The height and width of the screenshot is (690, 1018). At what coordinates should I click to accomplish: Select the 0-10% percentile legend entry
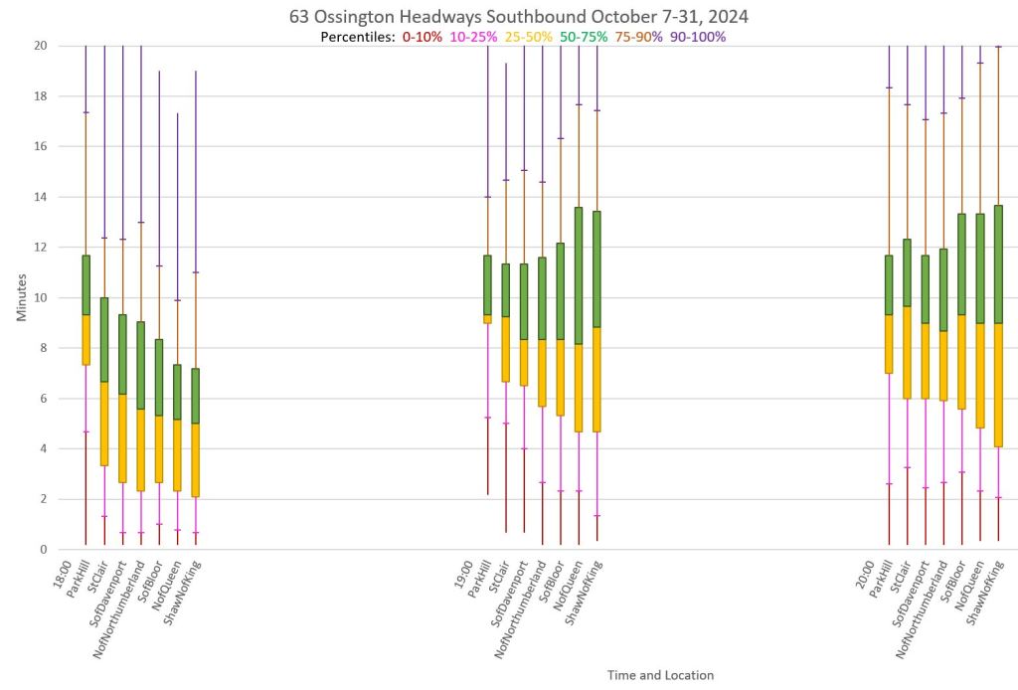click(x=423, y=37)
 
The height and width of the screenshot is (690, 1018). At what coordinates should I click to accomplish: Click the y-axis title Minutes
click(x=22, y=297)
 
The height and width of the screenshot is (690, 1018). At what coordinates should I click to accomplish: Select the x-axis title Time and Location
click(x=660, y=675)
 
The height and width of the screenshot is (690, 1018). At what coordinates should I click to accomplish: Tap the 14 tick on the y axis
click(x=40, y=197)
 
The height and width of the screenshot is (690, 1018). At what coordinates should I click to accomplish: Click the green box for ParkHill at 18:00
click(x=86, y=285)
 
